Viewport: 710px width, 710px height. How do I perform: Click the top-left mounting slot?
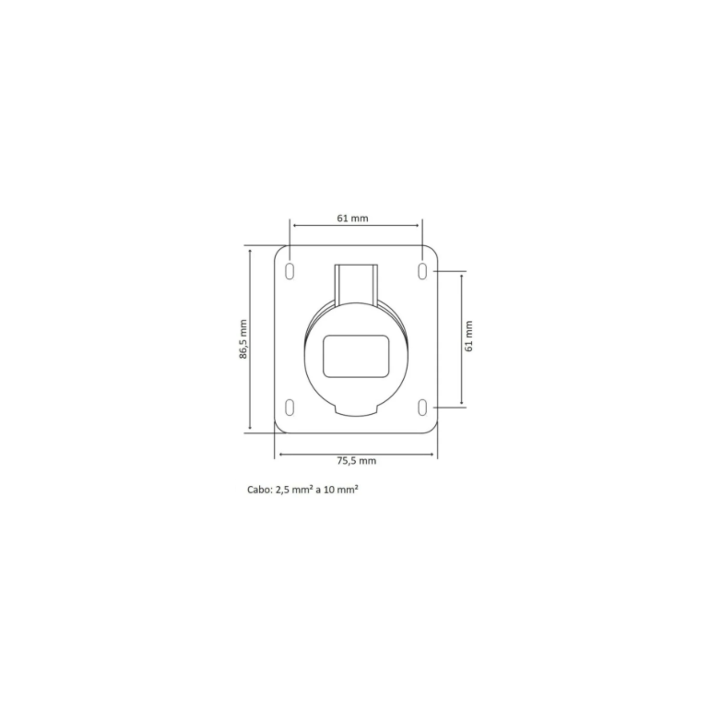(x=290, y=270)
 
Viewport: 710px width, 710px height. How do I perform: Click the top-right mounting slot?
(x=422, y=270)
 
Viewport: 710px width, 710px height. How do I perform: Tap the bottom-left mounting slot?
(x=290, y=407)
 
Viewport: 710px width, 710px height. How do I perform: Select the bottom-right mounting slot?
(x=422, y=407)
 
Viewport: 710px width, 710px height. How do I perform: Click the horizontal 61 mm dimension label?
(x=354, y=219)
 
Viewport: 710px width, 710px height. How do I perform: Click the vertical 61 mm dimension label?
(x=468, y=337)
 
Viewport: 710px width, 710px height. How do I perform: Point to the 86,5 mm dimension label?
(x=243, y=338)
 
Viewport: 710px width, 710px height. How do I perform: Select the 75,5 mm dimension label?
(x=356, y=461)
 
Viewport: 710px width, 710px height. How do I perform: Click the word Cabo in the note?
(x=258, y=491)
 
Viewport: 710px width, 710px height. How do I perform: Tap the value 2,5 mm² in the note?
(x=296, y=491)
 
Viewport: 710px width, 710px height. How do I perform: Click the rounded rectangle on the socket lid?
(x=355, y=355)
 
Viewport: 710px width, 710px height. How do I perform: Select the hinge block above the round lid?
(x=355, y=281)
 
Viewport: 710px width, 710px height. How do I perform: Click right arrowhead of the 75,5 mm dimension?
(x=434, y=454)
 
